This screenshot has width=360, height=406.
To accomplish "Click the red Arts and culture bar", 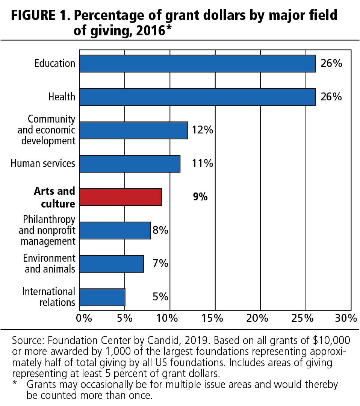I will pos(120,197).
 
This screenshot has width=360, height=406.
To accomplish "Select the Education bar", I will pos(197,64).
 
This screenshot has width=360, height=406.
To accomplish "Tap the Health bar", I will pos(197,97).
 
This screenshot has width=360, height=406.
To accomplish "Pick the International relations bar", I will pos(102,297).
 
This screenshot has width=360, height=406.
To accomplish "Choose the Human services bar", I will pos(130,164).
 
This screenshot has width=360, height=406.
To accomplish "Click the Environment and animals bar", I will pos(112,264).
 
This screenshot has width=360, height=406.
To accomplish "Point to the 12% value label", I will pos(202,130).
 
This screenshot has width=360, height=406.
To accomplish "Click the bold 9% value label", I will pos(200,197).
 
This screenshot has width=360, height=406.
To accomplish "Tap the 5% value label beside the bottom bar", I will pos(160,297).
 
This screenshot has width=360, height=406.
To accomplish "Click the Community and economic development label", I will pos(48,130).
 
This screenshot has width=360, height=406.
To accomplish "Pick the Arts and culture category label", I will pos(54,197).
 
